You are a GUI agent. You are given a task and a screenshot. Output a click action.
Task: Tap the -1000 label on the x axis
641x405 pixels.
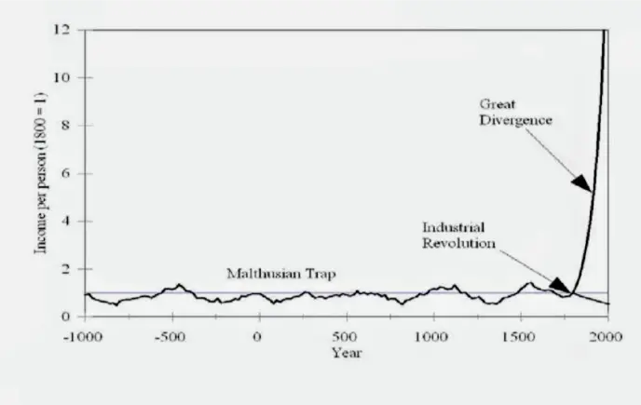tap(84, 332)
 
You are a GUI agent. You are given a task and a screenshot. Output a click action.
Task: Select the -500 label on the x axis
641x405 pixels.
tap(170, 332)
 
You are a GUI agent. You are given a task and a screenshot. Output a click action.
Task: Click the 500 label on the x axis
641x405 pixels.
tap(346, 332)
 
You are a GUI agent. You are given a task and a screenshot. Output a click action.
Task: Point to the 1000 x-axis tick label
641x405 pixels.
tap(432, 332)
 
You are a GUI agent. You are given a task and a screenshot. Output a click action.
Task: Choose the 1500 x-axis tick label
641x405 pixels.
tap(520, 332)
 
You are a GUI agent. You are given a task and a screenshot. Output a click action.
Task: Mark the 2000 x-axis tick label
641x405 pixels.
tap(607, 332)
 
